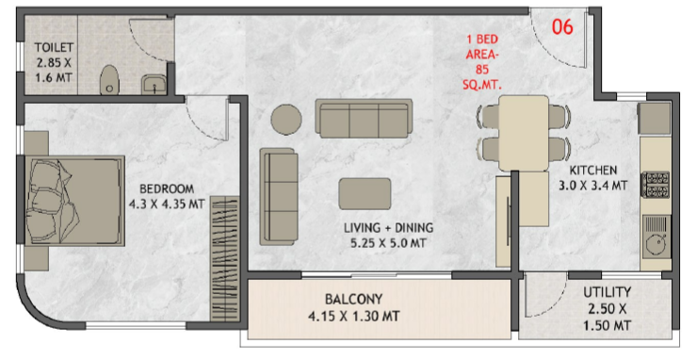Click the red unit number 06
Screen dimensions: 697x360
click(562, 27)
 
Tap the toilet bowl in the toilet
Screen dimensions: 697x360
click(108, 80)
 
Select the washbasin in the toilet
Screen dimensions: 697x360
click(154, 85)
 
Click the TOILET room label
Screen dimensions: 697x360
click(54, 48)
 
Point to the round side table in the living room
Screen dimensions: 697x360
click(286, 120)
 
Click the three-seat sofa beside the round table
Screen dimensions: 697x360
click(365, 118)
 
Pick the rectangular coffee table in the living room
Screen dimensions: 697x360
click(365, 193)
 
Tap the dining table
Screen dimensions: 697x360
click(524, 133)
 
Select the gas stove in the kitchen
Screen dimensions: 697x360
click(656, 185)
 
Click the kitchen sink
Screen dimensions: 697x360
click(656, 237)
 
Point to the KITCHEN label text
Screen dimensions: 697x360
click(593, 171)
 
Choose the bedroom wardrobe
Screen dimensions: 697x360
click(224, 258)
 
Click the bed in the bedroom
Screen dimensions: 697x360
click(74, 201)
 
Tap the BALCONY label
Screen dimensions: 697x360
click(353, 299)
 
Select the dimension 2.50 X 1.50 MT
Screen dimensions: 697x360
click(607, 317)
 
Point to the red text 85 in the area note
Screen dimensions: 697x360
click(482, 70)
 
